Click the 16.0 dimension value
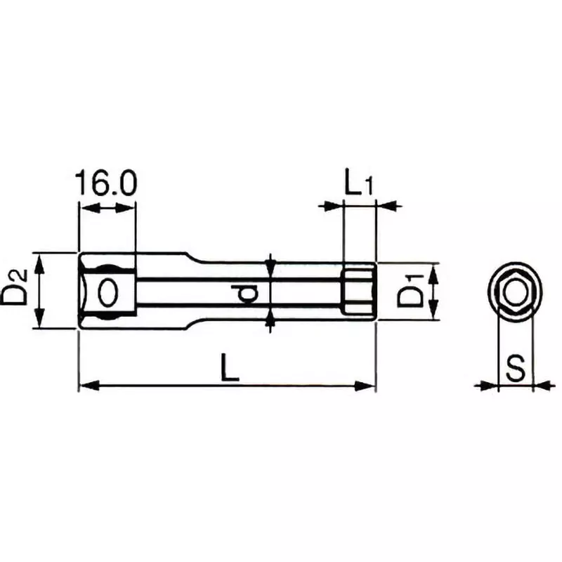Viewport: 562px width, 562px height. coord(106,184)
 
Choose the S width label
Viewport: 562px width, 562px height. coord(516,367)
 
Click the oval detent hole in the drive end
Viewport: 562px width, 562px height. coord(107,292)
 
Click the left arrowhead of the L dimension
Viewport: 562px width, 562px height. coord(86,385)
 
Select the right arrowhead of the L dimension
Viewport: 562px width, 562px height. coord(367,385)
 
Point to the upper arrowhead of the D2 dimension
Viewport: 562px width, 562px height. coord(40,261)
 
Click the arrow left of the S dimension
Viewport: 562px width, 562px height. coord(486,385)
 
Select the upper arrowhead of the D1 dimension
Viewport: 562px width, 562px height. coord(433,273)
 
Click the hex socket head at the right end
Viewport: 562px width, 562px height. coord(359,291)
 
